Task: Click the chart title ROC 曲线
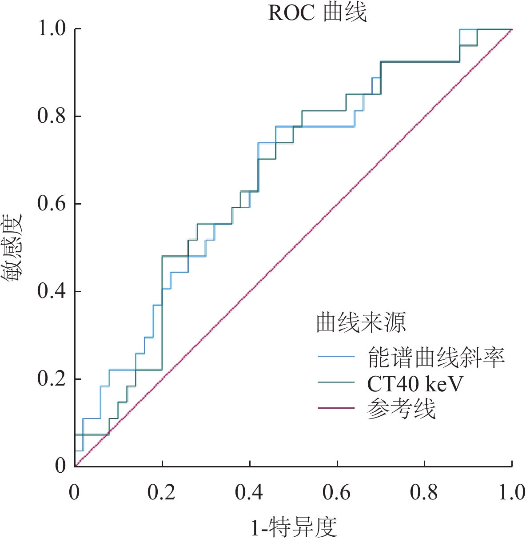pyautogui.click(x=317, y=13)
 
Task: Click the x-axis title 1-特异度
pyautogui.click(x=294, y=527)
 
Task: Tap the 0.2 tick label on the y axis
pyautogui.click(x=52, y=379)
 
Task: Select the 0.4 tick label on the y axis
pyautogui.click(x=52, y=291)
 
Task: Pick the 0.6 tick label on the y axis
pyautogui.click(x=52, y=204)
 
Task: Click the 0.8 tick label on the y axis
pyautogui.click(x=52, y=116)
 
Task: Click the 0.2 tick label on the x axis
pyautogui.click(x=163, y=493)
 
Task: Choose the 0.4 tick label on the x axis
pyautogui.click(x=250, y=493)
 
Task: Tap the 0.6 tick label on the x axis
pyautogui.click(x=337, y=493)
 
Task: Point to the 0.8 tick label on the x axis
pyautogui.click(x=424, y=493)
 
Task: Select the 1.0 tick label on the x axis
pyautogui.click(x=511, y=493)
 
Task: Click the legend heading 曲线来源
pyautogui.click(x=361, y=322)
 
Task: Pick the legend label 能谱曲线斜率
pyautogui.click(x=436, y=357)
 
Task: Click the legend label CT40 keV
pyautogui.click(x=415, y=383)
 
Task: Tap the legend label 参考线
pyautogui.click(x=401, y=408)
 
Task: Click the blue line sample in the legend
pyautogui.click(x=336, y=357)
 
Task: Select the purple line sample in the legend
pyautogui.click(x=336, y=408)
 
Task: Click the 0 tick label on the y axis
pyautogui.click(x=60, y=466)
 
